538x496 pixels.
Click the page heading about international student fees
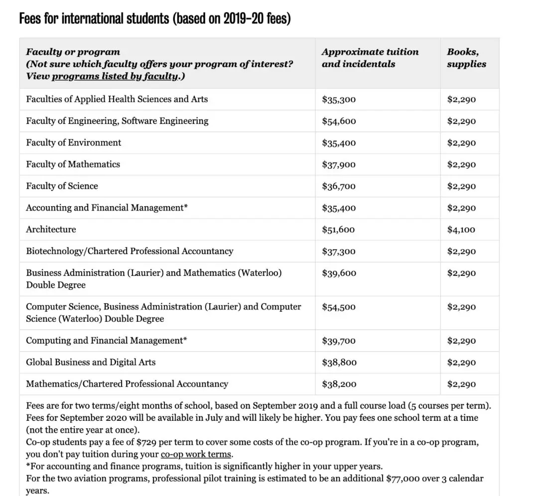154,19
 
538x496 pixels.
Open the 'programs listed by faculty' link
115,76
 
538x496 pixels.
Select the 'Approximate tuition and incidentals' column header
370,58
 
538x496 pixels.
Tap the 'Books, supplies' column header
466,58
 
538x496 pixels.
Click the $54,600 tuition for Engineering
339,121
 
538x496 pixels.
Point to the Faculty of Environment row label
74,142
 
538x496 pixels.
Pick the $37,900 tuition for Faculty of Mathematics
339,164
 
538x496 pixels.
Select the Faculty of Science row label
62,186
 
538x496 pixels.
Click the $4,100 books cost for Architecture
461,230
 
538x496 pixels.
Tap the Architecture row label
51,229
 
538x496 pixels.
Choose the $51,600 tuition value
339,230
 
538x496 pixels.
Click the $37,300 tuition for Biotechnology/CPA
339,251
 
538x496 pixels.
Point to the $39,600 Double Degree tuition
339,273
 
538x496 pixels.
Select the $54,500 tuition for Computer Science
339,307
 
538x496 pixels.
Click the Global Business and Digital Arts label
91,362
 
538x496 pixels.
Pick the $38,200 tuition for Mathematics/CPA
339,384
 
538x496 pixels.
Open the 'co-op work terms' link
196,454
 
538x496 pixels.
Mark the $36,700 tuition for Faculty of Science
339,186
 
